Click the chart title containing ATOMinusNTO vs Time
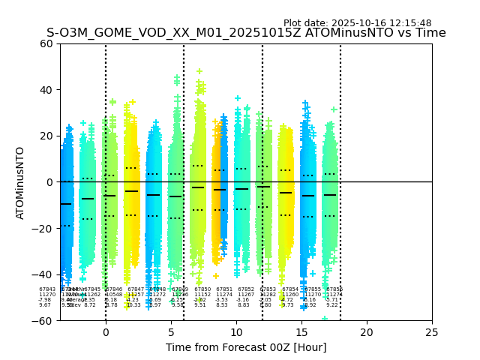point(246,33)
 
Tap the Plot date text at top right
point(357,23)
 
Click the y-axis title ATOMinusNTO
point(21,182)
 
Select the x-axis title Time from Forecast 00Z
point(246,347)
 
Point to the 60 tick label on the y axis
point(46,43)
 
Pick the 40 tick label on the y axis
point(46,90)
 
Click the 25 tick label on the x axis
point(432,332)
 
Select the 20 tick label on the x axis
point(367,332)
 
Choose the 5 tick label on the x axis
point(171,332)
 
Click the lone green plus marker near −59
point(325,318)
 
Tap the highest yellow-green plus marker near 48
point(199,72)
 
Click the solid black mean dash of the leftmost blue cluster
point(66,204)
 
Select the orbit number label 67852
point(246,289)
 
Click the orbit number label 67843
point(46,289)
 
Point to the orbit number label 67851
point(224,289)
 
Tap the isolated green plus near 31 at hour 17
point(334,110)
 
